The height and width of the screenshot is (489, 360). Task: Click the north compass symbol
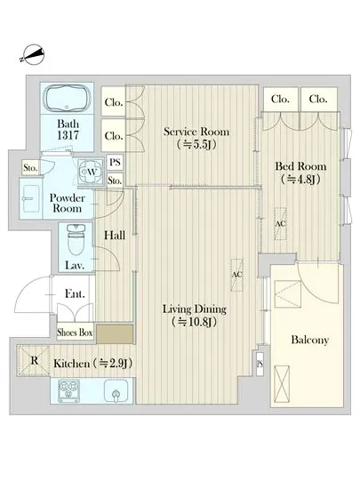coord(32,54)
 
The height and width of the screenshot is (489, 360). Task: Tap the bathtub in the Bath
coord(67,98)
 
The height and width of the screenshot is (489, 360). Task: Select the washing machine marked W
coord(91,172)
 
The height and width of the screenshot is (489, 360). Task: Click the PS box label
coord(115,162)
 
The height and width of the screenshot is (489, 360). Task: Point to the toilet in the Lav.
coord(76,241)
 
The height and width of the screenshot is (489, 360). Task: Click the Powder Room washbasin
coord(29,198)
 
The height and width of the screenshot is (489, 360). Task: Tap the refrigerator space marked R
coord(34,360)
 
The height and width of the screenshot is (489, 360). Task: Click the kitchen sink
coord(116,391)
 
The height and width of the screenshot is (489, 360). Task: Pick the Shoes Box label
coord(75,333)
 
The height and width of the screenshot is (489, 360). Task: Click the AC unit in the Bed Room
coord(280,223)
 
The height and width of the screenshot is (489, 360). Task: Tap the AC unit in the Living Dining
coord(236,275)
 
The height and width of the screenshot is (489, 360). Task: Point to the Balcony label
coord(310,340)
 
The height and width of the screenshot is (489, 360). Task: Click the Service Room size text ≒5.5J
coord(196,145)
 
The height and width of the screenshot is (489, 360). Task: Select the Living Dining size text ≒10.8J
coord(195,322)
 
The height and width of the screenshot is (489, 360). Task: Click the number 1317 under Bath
coord(68,135)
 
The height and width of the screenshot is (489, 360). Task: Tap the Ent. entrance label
coord(75,293)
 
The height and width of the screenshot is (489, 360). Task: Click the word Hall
coord(115,236)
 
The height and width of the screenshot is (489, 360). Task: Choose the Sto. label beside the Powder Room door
coord(30,168)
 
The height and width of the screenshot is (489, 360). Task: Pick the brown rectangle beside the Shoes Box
coord(115,334)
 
